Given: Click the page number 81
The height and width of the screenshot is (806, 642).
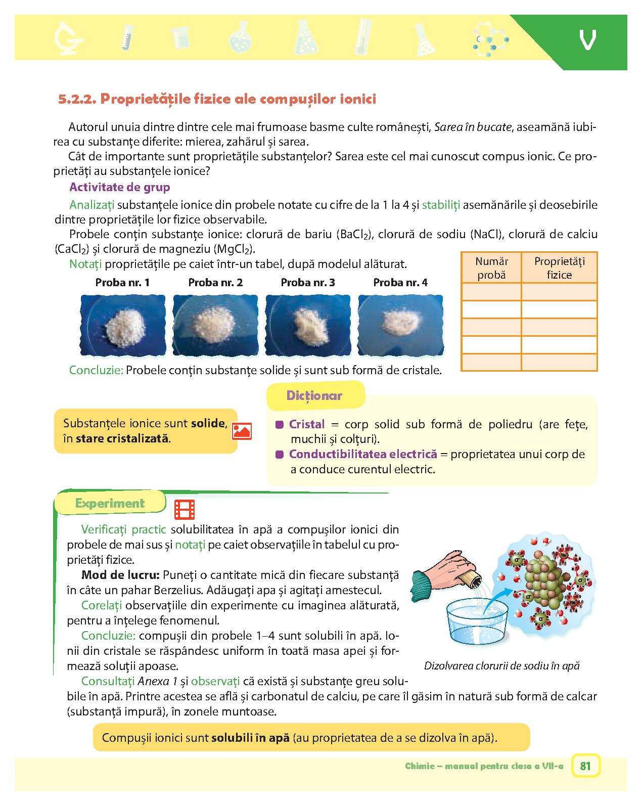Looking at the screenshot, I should (585, 766).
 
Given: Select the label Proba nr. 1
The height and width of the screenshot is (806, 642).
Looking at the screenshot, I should (122, 283).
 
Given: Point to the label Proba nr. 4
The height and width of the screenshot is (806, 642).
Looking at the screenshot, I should (400, 283).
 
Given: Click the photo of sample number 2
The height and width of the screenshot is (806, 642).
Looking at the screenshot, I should (215, 326).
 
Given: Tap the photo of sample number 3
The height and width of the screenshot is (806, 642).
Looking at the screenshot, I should (308, 326).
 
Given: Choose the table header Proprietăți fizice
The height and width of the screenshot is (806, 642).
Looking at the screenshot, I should (559, 268).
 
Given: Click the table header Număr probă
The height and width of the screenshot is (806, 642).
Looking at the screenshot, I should (491, 268).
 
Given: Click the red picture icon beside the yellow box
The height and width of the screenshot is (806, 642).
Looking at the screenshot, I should (242, 431).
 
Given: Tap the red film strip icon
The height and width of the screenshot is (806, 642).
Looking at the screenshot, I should (185, 510).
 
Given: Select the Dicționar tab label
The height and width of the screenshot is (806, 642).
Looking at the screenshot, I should (314, 395).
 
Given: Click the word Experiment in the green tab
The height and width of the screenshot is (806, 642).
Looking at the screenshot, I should (110, 503).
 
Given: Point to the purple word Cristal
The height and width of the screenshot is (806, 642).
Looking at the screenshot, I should (307, 424).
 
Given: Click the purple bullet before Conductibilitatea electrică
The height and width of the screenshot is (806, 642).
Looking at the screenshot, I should (279, 455).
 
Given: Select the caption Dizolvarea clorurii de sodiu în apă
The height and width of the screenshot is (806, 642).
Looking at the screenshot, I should (501, 665).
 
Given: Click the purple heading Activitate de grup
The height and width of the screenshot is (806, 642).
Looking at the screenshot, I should (119, 187).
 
